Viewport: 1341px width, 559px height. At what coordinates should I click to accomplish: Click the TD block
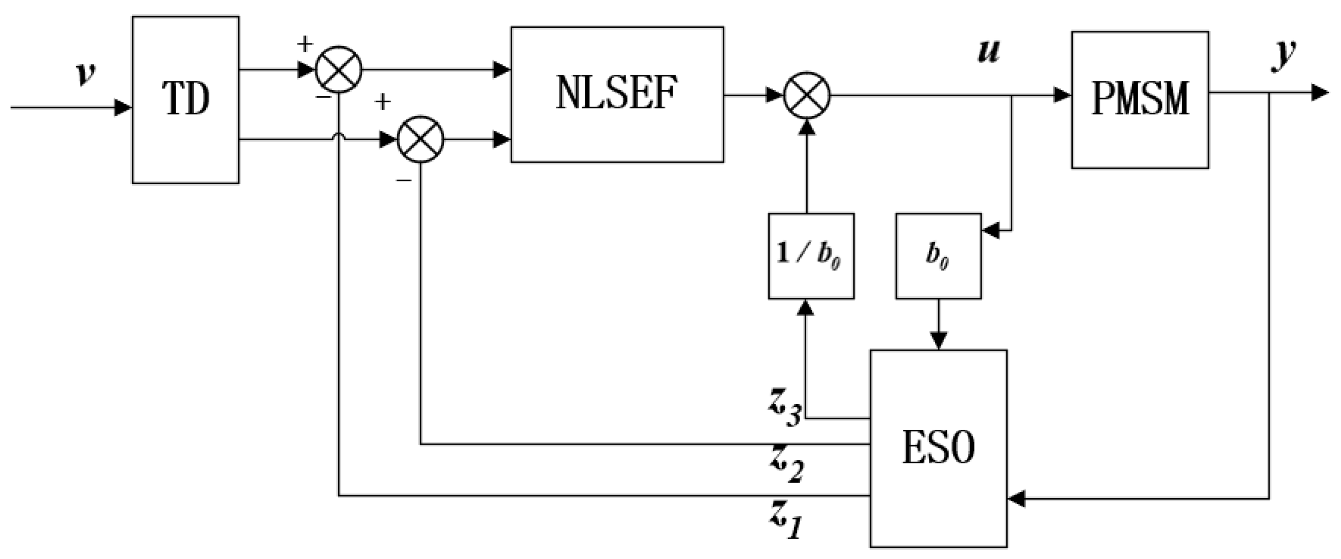(x=185, y=99)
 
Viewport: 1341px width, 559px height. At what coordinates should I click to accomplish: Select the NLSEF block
(x=617, y=94)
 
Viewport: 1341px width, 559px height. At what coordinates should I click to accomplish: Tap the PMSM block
(x=1139, y=99)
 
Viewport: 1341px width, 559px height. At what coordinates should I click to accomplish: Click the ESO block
(x=938, y=448)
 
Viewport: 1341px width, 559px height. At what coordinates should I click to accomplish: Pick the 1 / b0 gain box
(x=811, y=256)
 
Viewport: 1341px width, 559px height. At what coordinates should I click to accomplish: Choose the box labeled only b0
(x=938, y=256)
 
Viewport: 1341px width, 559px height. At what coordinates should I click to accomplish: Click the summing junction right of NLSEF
(x=806, y=96)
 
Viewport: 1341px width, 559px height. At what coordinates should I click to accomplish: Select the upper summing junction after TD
(x=339, y=69)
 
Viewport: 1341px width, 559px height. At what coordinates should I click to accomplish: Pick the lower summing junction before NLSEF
(x=420, y=139)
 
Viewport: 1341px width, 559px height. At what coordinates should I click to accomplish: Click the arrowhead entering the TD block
(x=124, y=107)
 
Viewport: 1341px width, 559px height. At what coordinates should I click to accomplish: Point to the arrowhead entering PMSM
(x=1063, y=96)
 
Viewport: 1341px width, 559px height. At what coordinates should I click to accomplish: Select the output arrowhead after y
(x=1320, y=92)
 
